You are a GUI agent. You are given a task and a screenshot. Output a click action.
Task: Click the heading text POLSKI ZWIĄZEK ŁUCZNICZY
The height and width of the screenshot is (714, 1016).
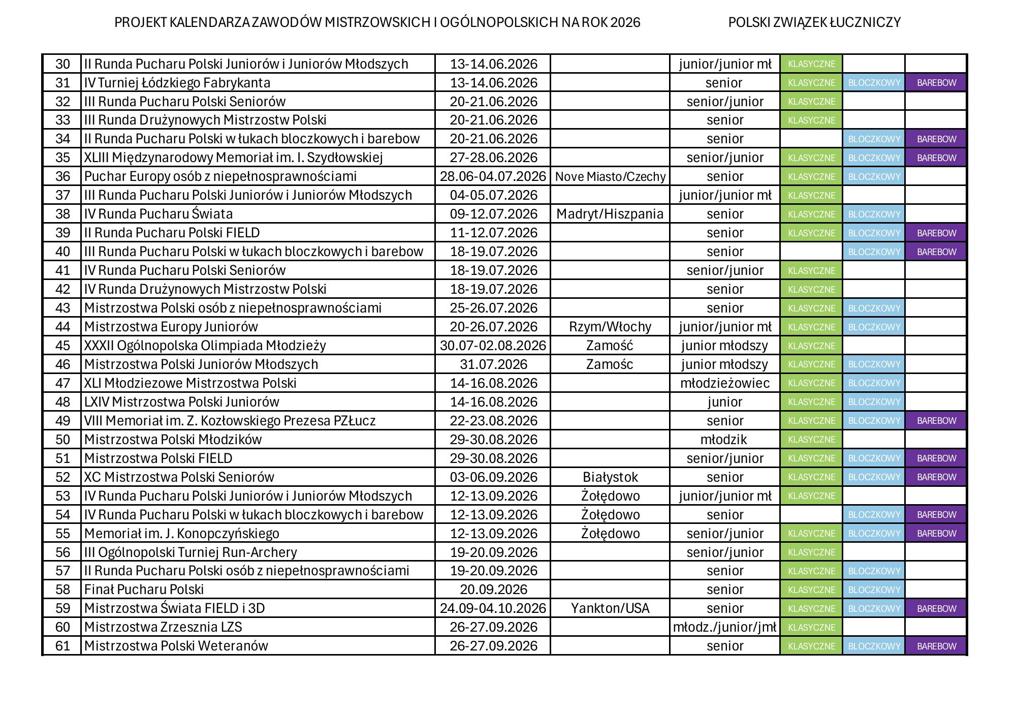click(814, 22)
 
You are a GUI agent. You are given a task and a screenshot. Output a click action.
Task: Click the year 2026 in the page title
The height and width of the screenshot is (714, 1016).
click(625, 22)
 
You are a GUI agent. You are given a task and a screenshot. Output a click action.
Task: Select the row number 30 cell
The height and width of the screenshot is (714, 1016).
click(62, 64)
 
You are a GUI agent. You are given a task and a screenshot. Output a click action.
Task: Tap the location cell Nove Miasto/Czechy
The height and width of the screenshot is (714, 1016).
click(610, 176)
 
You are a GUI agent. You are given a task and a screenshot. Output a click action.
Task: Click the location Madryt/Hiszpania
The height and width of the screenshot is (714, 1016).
click(610, 214)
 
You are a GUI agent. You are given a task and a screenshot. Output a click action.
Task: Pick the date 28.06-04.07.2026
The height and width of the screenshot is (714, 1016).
click(493, 176)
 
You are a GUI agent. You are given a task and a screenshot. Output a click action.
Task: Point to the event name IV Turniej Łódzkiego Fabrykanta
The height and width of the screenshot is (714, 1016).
click(177, 83)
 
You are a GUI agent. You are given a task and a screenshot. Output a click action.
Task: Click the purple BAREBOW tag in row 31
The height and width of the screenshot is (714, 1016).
click(936, 83)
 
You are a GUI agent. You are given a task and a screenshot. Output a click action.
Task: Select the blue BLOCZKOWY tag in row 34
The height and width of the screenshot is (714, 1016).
click(874, 139)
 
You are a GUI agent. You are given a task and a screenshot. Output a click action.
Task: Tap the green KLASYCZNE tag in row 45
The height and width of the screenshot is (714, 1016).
click(811, 346)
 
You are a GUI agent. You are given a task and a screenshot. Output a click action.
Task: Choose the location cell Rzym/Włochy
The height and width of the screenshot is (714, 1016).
click(610, 327)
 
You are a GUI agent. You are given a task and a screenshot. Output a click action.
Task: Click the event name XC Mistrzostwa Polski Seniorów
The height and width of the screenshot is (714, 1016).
click(179, 477)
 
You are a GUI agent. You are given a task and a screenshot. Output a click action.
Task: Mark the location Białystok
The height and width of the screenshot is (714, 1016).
click(610, 477)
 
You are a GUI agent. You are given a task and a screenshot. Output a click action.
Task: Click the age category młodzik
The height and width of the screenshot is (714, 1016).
click(724, 440)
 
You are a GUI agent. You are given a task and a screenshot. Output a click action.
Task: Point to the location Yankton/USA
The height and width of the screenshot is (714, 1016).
click(610, 608)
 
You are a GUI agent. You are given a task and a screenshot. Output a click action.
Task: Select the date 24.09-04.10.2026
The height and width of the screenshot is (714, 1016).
click(493, 608)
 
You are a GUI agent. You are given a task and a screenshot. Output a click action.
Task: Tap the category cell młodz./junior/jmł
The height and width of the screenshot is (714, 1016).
click(725, 627)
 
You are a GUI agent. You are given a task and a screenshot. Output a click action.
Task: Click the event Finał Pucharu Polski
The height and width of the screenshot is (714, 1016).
click(144, 589)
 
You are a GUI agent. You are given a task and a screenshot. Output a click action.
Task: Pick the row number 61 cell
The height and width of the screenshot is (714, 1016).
click(62, 646)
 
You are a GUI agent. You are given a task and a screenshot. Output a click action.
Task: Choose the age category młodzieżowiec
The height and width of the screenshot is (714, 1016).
click(725, 383)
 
